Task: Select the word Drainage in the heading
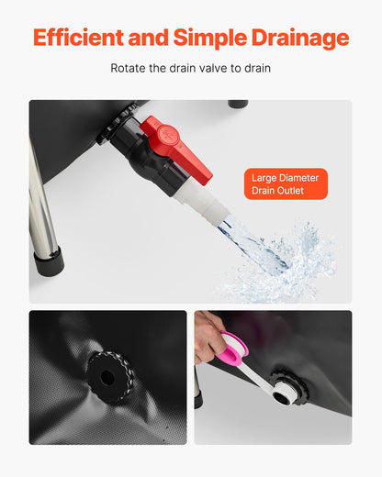click(303, 38)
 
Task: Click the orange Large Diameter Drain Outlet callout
click(286, 183)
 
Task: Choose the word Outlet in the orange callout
click(286, 191)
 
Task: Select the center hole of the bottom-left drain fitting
click(108, 377)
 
